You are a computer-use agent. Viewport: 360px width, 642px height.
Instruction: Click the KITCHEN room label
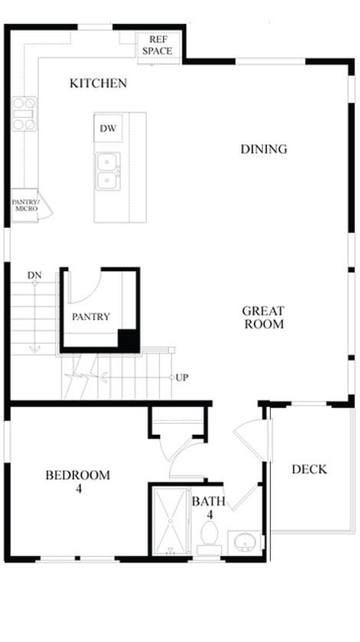pyautogui.click(x=98, y=83)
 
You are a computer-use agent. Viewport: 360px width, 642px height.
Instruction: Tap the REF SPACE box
pyautogui.click(x=159, y=45)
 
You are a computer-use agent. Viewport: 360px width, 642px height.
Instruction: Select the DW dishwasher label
pyautogui.click(x=108, y=128)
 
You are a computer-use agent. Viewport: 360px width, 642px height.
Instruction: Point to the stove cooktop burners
pyautogui.click(x=24, y=112)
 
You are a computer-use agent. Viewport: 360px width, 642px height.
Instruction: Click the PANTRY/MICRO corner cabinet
pyautogui.click(x=26, y=206)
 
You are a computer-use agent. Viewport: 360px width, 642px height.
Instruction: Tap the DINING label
pyautogui.click(x=264, y=149)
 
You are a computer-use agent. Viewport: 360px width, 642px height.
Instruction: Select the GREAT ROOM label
pyautogui.click(x=264, y=317)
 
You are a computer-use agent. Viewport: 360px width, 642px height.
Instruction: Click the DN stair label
pyautogui.click(x=34, y=275)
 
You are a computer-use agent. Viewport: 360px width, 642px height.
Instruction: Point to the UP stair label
pyautogui.click(x=182, y=378)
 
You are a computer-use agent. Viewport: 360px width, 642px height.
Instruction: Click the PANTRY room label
pyautogui.click(x=91, y=316)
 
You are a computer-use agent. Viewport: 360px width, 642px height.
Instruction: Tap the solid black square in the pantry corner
pyautogui.click(x=128, y=340)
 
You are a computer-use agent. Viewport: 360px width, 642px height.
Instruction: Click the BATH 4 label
pyautogui.click(x=207, y=507)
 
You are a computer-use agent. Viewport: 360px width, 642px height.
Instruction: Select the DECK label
pyautogui.click(x=309, y=469)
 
